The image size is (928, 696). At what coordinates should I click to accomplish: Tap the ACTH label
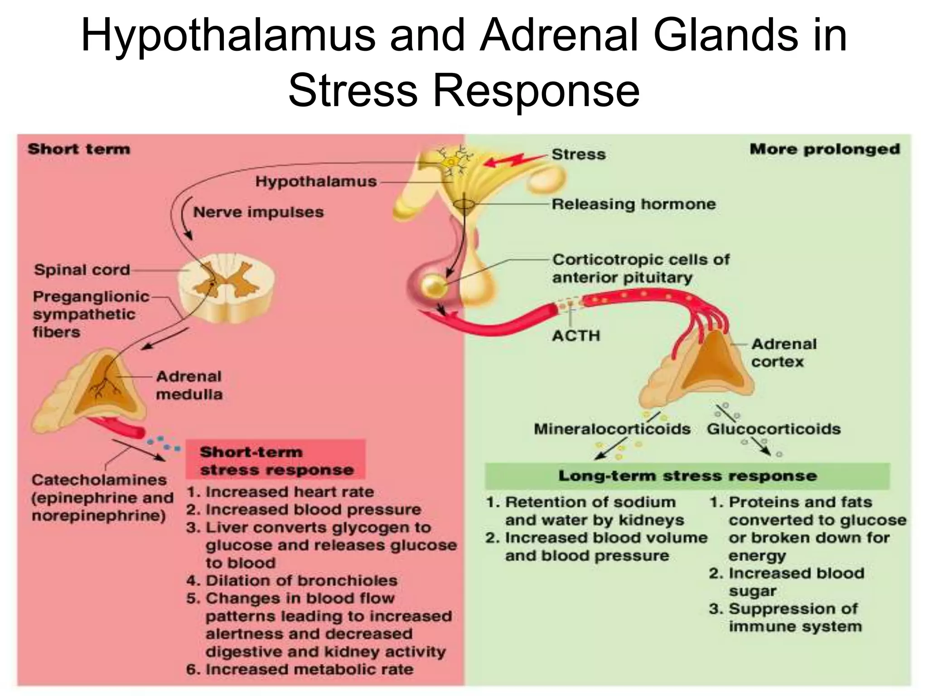575,336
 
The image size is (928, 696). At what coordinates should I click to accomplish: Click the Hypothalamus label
316,182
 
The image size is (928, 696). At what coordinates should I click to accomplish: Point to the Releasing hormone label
633,204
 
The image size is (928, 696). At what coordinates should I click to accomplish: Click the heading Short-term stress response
275,461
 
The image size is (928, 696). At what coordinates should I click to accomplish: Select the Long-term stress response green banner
687,476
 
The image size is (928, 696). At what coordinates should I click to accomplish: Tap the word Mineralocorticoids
612,429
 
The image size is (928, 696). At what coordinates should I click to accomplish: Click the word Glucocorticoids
773,429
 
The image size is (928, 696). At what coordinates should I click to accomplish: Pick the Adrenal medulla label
189,385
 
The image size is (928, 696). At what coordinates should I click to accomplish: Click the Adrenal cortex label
783,353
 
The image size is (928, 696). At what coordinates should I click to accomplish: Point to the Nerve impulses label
258,212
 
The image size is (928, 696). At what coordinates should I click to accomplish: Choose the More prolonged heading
824,149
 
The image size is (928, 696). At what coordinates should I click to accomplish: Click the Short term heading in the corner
79,149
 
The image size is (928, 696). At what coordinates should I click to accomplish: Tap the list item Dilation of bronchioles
301,580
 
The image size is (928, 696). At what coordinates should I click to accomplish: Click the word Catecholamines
99,480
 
